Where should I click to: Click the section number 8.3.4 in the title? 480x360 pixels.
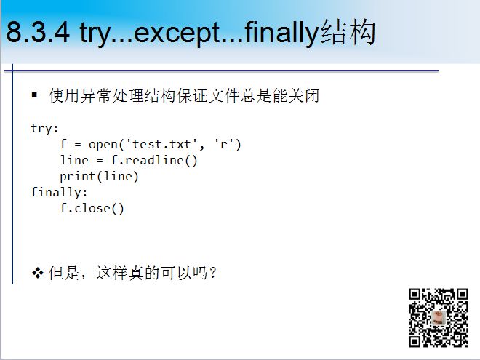point(38,32)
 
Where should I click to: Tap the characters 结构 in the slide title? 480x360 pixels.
point(348,32)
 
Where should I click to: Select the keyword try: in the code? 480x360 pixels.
point(44,128)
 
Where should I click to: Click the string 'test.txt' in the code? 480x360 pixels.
point(162,144)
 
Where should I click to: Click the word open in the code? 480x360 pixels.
point(103,145)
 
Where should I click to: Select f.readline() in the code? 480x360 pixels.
point(154,160)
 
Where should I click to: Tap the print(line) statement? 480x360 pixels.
point(99,176)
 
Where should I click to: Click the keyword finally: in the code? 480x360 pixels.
point(59,192)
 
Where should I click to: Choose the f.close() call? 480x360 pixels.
point(92,209)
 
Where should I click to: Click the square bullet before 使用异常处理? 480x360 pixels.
point(34,95)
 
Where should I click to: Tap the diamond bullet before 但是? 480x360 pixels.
point(37,273)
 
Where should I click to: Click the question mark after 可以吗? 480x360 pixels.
point(213,273)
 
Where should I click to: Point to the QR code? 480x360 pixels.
point(439,318)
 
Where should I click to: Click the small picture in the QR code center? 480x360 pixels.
point(439,317)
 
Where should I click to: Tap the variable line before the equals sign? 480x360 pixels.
point(74,160)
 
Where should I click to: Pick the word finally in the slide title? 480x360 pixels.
point(281,33)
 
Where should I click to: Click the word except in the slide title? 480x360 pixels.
point(177,33)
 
